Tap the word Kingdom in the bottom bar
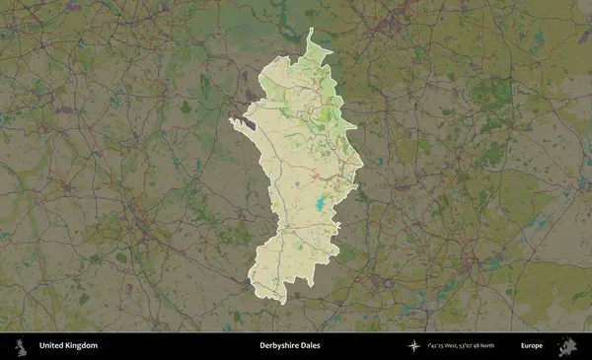(x=82, y=346)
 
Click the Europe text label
(x=532, y=346)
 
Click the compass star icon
(x=413, y=346)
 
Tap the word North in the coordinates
(x=504, y=346)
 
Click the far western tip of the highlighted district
(x=231, y=120)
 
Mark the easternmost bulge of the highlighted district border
(x=362, y=163)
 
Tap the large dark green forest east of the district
(x=488, y=94)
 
